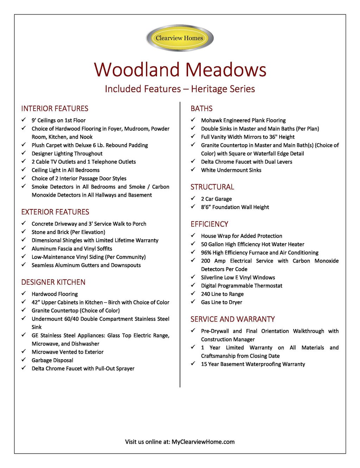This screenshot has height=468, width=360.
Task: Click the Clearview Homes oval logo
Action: [180, 38]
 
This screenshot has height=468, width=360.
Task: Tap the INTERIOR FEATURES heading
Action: [54, 109]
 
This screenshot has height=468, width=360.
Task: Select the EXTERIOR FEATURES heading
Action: [55, 212]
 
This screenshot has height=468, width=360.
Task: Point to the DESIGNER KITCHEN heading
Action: [53, 282]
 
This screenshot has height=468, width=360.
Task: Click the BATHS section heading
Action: [201, 109]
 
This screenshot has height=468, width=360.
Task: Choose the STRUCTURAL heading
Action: [212, 187]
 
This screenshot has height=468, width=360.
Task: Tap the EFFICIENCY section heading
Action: [209, 224]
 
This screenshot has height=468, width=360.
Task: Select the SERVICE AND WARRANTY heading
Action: [232, 320]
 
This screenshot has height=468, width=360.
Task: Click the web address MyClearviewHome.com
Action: [203, 442]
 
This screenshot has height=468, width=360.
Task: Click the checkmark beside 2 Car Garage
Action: [193, 198]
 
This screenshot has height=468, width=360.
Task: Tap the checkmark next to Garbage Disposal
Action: [24, 360]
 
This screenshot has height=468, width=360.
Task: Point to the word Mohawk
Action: [211, 120]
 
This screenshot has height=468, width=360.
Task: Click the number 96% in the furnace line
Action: [206, 253]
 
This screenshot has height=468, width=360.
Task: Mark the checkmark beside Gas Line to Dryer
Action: [193, 302]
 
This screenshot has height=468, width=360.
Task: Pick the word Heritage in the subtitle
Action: [206, 89]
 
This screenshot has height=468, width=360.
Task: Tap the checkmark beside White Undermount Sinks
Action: [193, 170]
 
